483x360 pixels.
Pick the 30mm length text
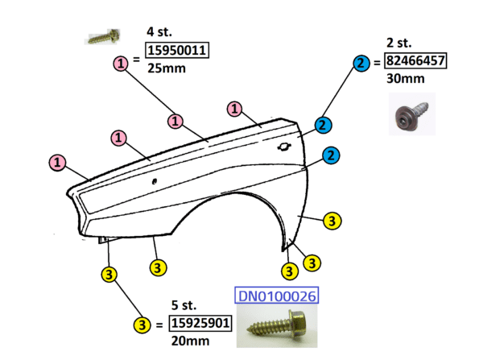403,78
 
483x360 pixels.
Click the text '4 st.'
158,32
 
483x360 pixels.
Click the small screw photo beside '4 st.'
104,36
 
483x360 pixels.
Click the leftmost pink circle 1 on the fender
58,163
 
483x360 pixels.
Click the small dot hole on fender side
154,181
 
